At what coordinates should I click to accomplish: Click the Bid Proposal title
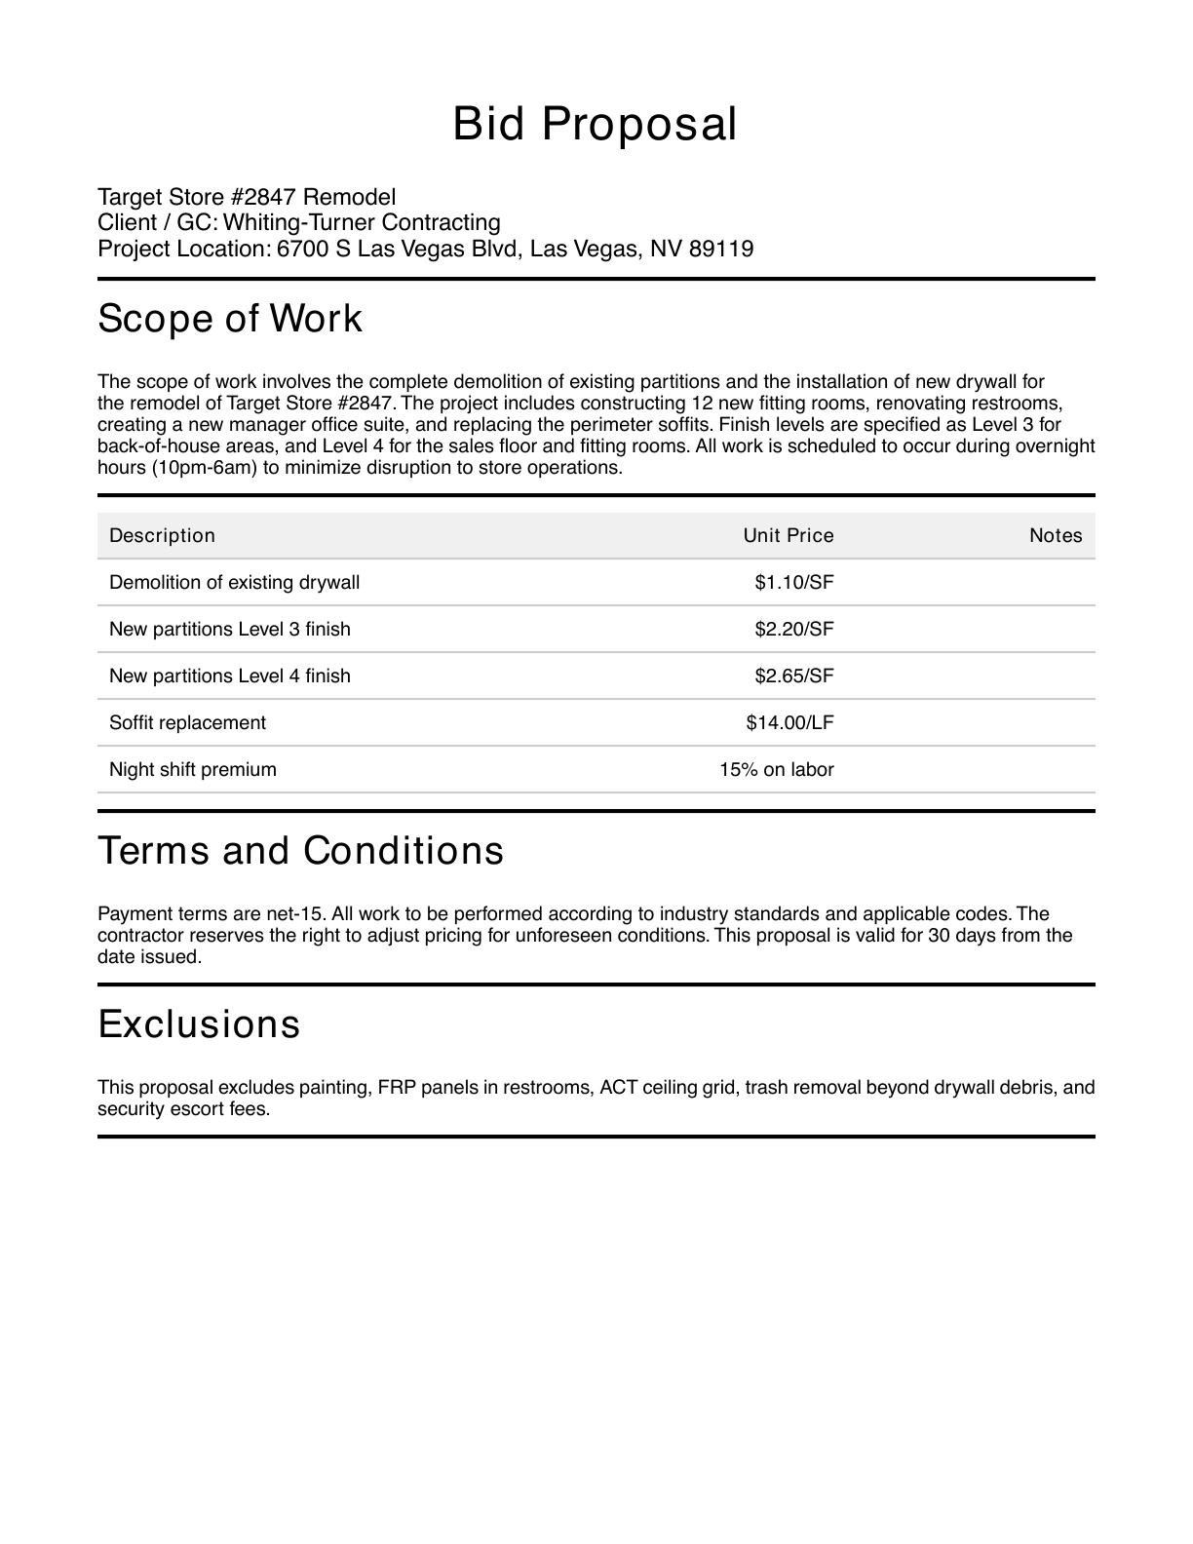(595, 124)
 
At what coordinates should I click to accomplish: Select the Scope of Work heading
(230, 319)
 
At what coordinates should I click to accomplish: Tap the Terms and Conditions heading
(300, 850)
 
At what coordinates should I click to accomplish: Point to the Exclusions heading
(199, 1023)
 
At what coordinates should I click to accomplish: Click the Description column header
(162, 535)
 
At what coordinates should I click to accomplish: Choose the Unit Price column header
(788, 535)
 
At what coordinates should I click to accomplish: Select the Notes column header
(1056, 535)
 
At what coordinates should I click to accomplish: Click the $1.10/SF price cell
(793, 582)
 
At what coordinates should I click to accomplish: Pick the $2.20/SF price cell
(793, 629)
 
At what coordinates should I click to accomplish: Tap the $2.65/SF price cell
(793, 675)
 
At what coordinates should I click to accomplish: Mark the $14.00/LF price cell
(789, 722)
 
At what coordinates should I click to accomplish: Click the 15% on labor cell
(776, 769)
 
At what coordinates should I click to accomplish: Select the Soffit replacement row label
(187, 722)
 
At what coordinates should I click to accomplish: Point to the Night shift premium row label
(193, 769)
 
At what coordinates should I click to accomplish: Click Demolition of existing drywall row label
(234, 582)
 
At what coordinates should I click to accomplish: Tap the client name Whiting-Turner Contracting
(362, 222)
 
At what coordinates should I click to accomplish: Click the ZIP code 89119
(721, 249)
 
